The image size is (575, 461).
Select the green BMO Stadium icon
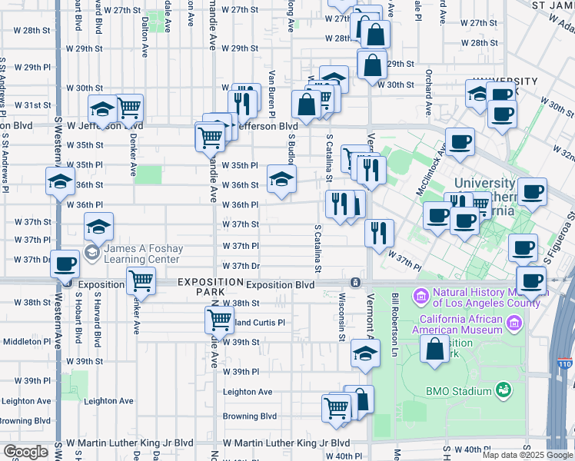coord(504,390)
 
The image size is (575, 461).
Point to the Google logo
coord(25,452)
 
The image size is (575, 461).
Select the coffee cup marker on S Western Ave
coord(65,264)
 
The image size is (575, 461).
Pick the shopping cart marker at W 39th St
coord(220,319)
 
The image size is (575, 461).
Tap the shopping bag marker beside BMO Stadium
coord(434,349)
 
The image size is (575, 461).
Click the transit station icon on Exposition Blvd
coord(355,283)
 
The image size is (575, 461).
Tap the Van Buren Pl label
coord(271,92)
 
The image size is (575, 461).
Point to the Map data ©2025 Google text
coord(527,454)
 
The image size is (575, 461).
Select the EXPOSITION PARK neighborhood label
coord(201,287)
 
